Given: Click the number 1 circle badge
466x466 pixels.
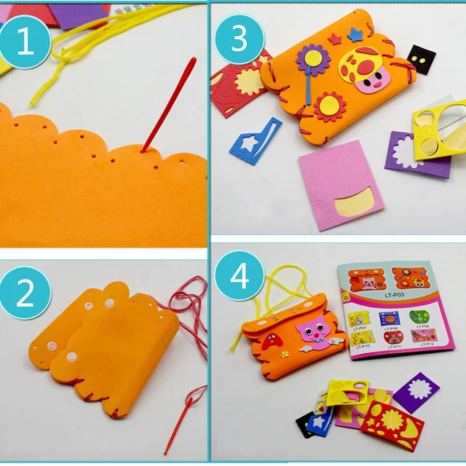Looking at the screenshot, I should pyautogui.click(x=25, y=44).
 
